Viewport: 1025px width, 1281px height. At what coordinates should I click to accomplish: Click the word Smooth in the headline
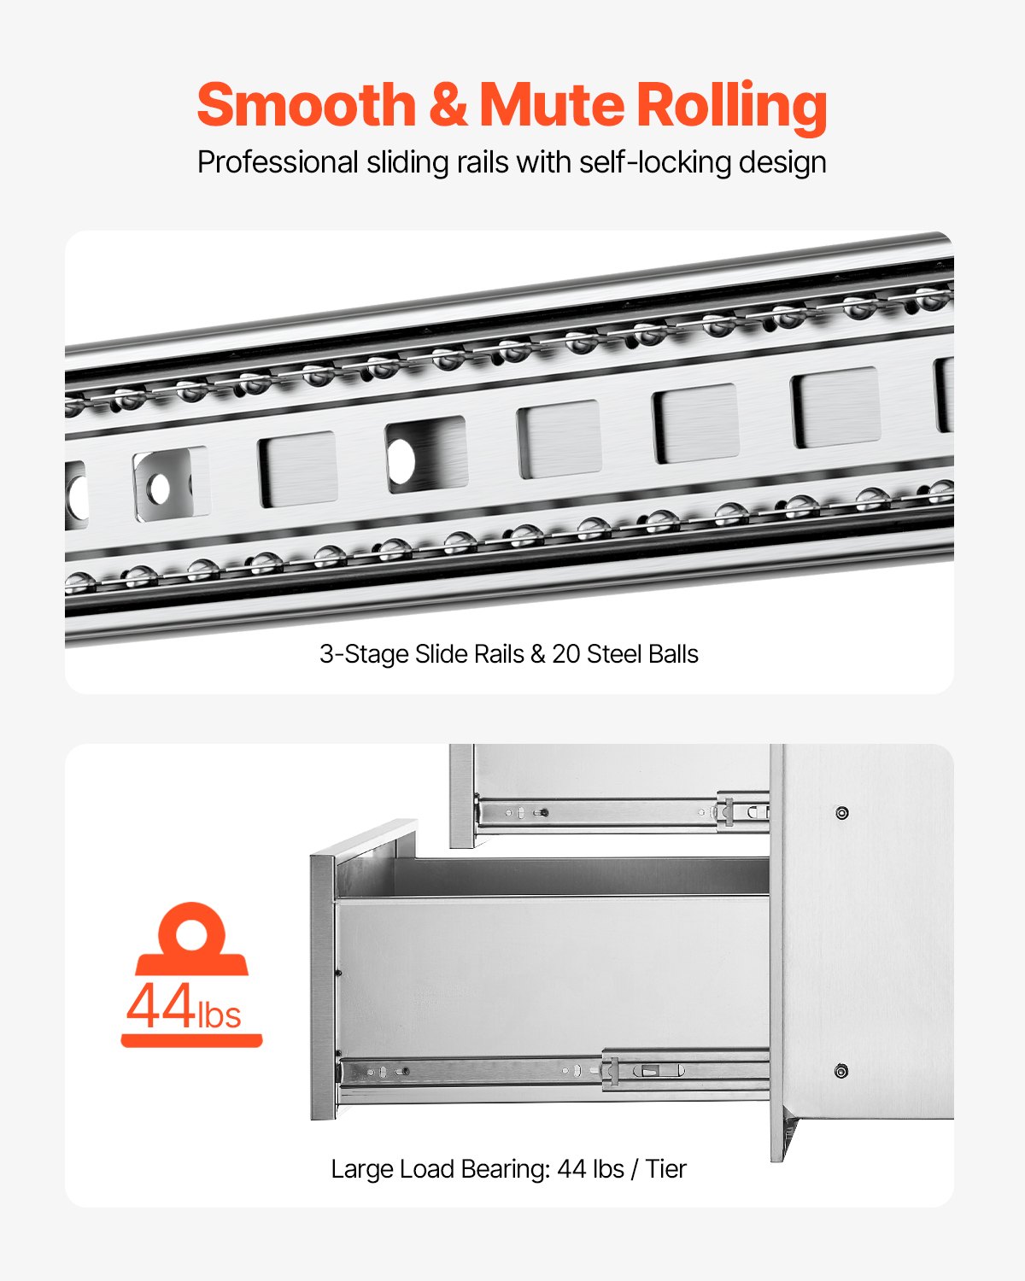coord(305,105)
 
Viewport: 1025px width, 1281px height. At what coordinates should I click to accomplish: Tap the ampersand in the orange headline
coord(448,105)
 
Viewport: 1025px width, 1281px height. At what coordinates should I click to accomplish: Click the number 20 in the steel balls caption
coord(565,654)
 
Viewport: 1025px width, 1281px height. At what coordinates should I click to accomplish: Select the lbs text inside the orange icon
coord(220,1015)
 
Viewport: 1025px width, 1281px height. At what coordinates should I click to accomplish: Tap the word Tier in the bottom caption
coord(665,1168)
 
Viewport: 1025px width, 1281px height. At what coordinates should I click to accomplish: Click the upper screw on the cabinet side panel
coord(841,812)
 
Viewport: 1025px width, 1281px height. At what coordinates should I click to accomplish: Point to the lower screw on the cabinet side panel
coord(840,1071)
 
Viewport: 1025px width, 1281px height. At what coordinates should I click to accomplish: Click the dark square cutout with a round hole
coord(425,455)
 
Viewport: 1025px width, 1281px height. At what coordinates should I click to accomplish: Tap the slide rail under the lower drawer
coord(555,1071)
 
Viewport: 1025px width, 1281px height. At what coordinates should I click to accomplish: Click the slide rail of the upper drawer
coord(615,811)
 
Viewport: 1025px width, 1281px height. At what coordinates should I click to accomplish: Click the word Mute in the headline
coord(551,105)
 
